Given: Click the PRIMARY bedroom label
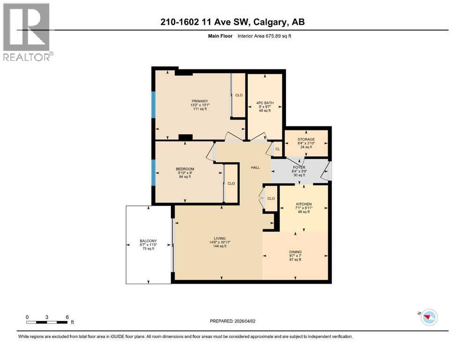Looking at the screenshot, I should point(199,101).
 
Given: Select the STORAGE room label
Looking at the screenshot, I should point(306,139).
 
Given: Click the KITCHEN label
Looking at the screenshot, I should point(303,204).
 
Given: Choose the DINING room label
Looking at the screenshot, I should point(295,252).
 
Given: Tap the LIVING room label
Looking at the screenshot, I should point(218,238).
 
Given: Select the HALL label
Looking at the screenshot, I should point(255,167).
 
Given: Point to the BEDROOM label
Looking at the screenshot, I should point(185,169).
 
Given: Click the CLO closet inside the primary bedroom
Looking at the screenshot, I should point(239,95).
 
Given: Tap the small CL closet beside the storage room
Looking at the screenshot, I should point(277,149).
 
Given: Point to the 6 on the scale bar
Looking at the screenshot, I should point(67,317).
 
